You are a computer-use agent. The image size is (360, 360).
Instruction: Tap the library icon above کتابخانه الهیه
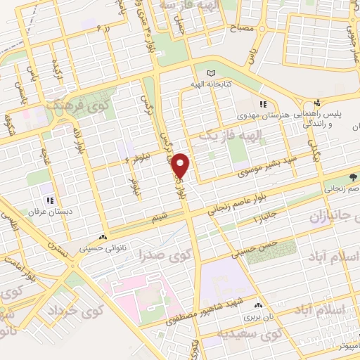(x=212, y=73)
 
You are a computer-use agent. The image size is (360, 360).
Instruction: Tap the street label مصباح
(x=238, y=30)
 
